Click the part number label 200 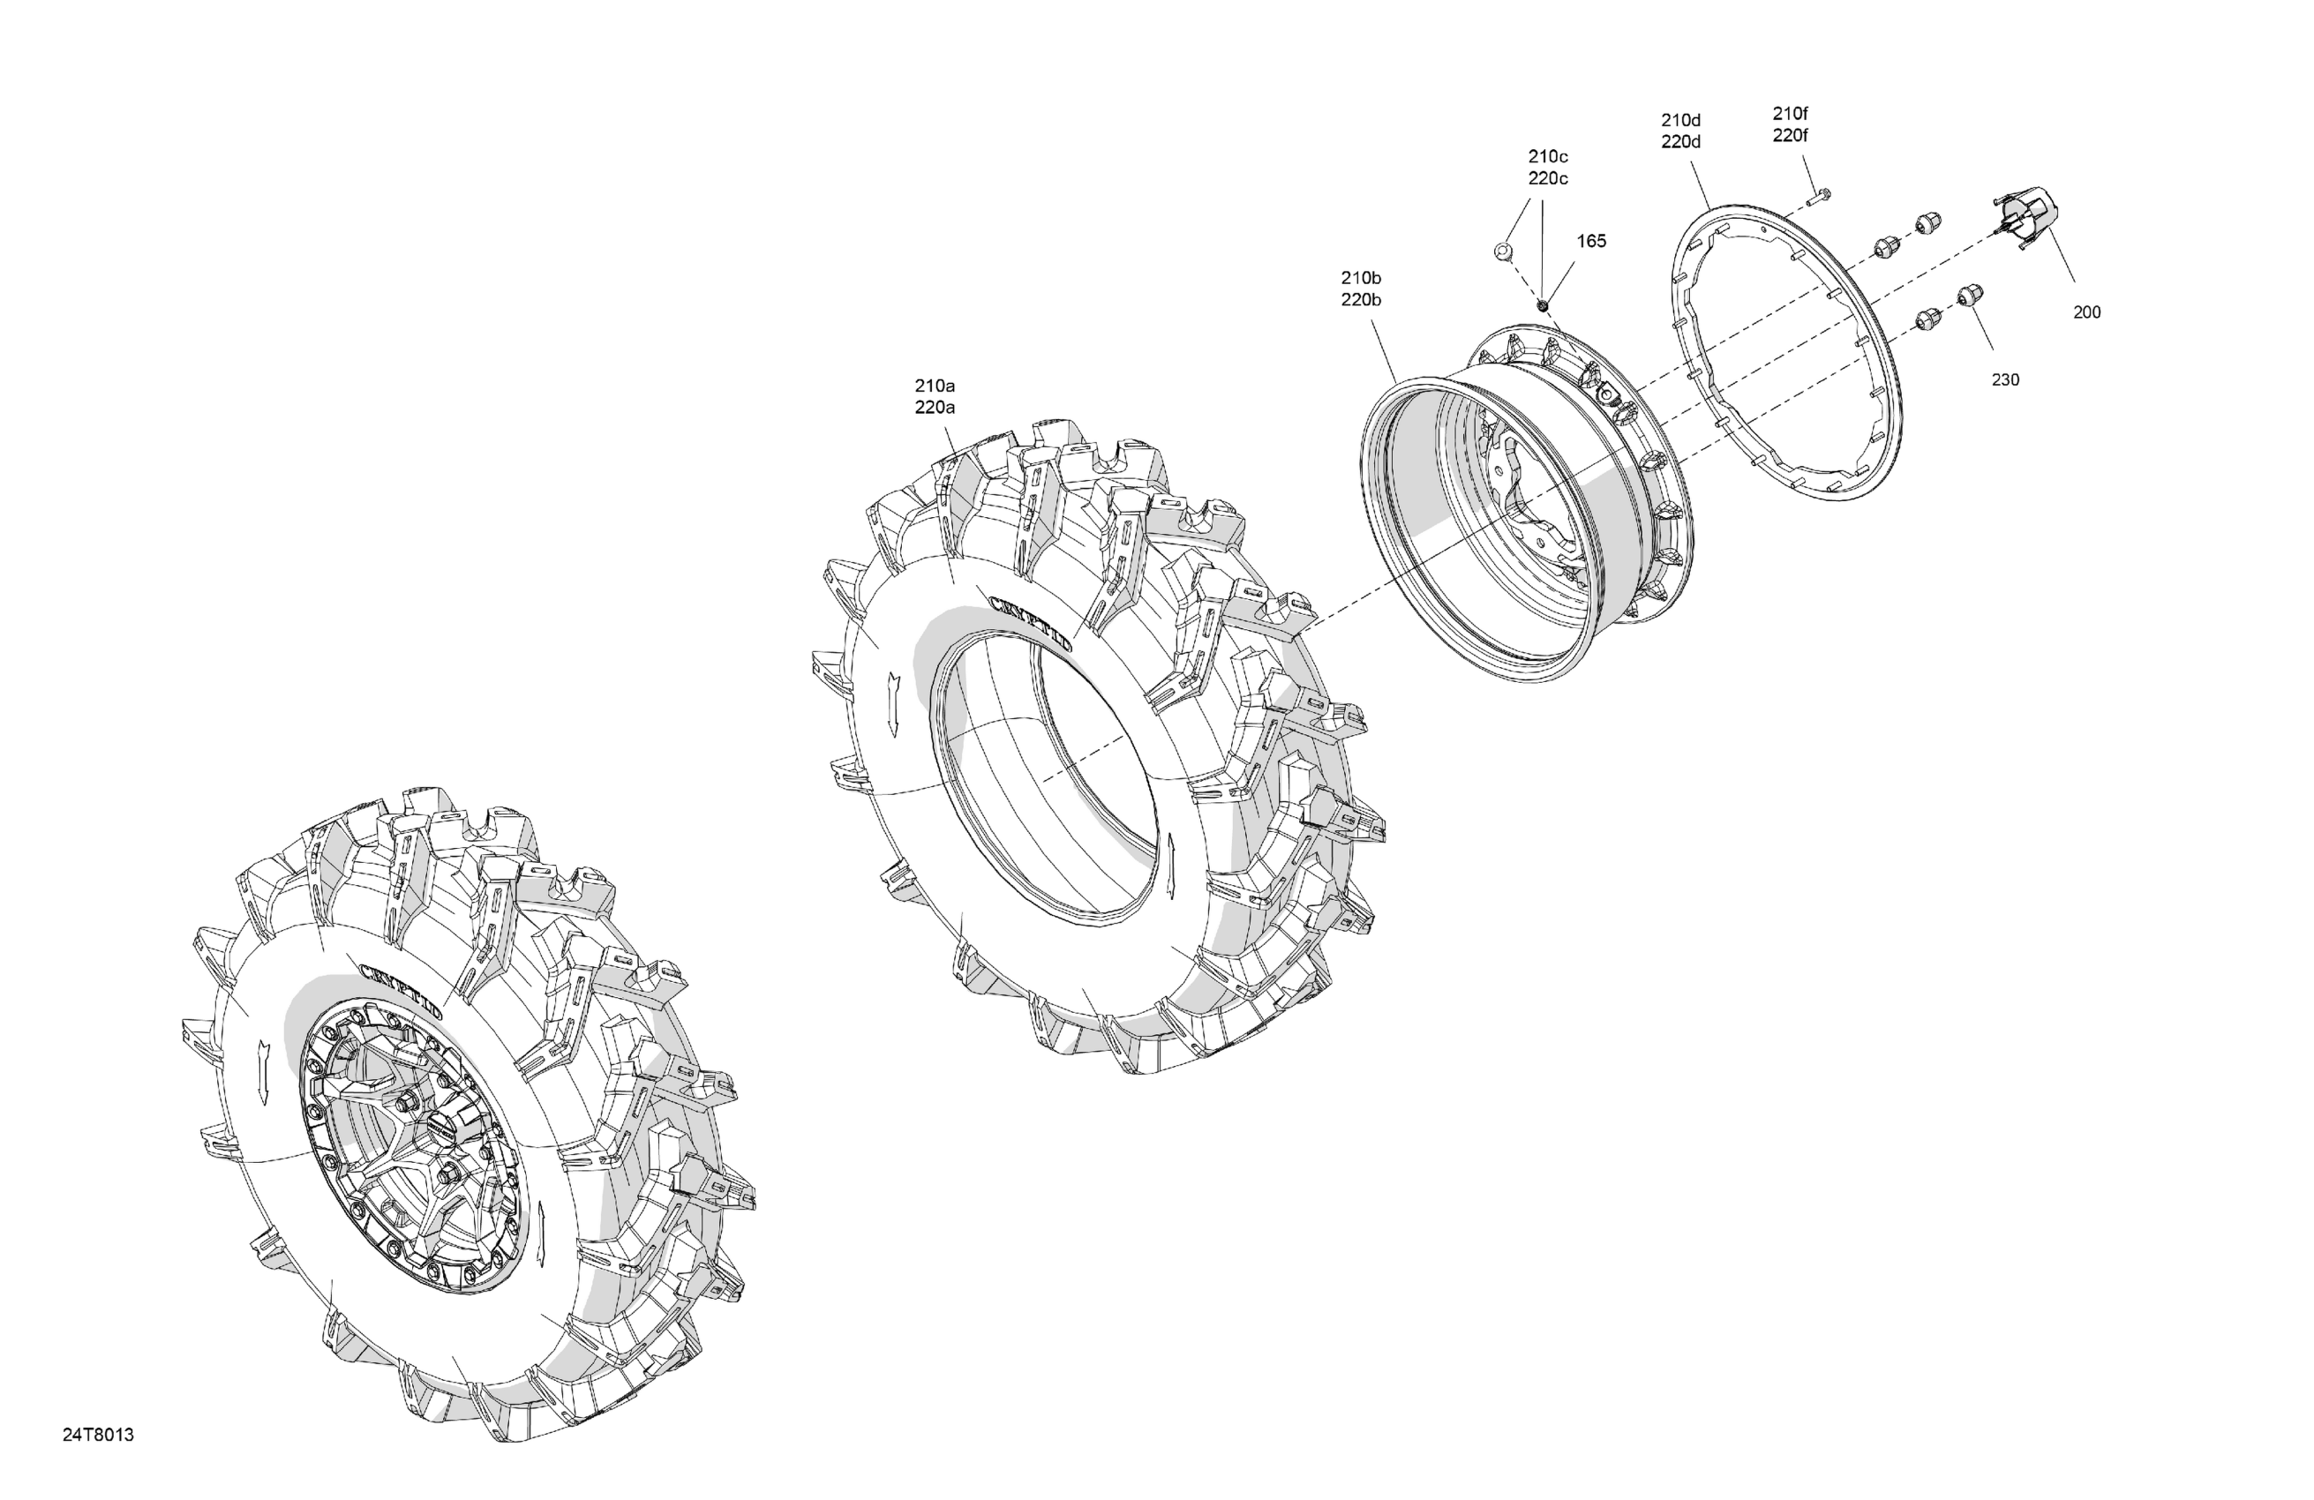pyautogui.click(x=2086, y=312)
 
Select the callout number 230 pyautogui.click(x=2006, y=380)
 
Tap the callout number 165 pyautogui.click(x=1590, y=241)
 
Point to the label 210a pyautogui.click(x=935, y=386)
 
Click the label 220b pyautogui.click(x=1361, y=300)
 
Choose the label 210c pyautogui.click(x=1548, y=156)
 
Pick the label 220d pyautogui.click(x=1681, y=142)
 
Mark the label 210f pyautogui.click(x=1790, y=114)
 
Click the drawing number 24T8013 pyautogui.click(x=98, y=1435)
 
